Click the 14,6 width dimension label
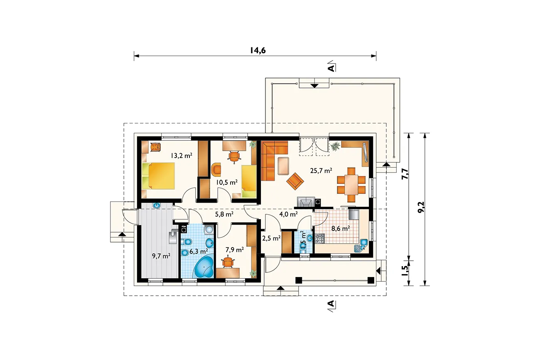point(258,50)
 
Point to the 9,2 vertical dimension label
point(421,207)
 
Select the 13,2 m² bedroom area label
point(181,155)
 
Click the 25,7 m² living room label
point(321,171)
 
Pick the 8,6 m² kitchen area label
point(340,228)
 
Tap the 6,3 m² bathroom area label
point(199,252)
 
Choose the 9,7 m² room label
point(161,256)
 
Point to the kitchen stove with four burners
point(319,238)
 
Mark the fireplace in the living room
point(306,202)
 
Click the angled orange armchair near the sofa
point(295,181)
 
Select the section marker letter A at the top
point(332,68)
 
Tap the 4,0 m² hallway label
point(288,214)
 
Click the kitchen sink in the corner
point(361,246)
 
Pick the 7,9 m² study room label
point(235,250)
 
